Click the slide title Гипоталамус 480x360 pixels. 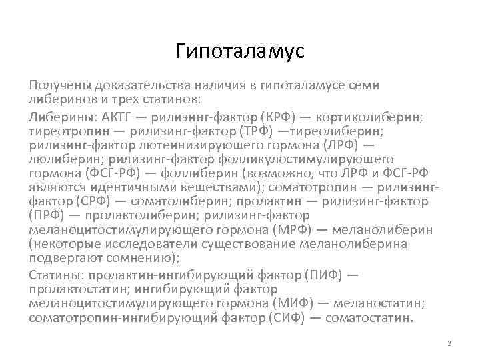point(239,51)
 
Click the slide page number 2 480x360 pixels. point(449,344)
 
